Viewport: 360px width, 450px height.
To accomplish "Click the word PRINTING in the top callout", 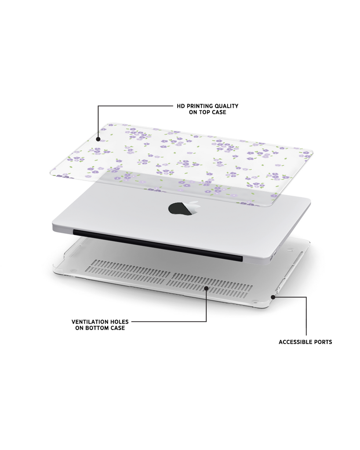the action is (200, 106).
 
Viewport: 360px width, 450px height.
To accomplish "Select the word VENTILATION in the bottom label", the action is (90, 322).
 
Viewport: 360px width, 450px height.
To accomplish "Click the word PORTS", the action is (323, 342).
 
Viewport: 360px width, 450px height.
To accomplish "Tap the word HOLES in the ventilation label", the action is (120, 322).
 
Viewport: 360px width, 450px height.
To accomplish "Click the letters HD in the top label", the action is (181, 106).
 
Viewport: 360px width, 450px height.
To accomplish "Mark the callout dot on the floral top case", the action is (98, 139).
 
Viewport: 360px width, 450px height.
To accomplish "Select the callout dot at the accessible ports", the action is (273, 297).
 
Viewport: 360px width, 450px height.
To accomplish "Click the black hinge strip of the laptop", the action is (158, 245).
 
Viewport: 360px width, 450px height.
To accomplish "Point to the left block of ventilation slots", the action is (128, 271).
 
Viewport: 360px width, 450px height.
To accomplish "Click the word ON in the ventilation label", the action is (79, 328).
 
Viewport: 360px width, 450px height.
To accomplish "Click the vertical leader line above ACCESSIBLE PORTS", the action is (306, 316).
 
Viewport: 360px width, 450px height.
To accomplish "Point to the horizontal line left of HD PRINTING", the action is (135, 106).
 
